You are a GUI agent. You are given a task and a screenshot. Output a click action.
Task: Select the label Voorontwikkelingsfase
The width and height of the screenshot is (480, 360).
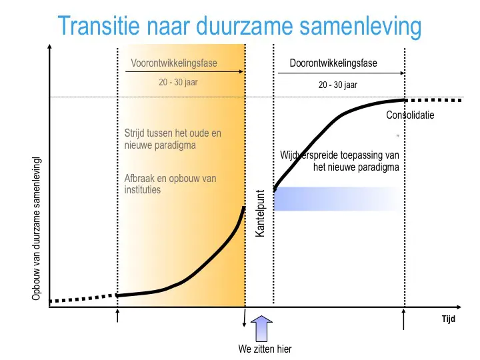pyautogui.click(x=174, y=63)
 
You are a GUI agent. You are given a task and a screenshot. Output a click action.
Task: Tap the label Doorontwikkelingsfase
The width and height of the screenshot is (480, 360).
pyautogui.click(x=333, y=63)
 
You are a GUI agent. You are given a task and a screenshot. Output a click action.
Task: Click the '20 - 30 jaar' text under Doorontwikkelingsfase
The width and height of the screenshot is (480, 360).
pyautogui.click(x=338, y=85)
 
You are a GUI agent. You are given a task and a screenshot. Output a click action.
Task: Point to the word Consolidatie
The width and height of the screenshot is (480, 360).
pyautogui.click(x=410, y=115)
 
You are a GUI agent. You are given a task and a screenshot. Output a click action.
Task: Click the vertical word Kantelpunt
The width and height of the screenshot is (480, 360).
pyautogui.click(x=261, y=214)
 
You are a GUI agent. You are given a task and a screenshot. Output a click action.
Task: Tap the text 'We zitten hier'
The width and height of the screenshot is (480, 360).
pyautogui.click(x=265, y=349)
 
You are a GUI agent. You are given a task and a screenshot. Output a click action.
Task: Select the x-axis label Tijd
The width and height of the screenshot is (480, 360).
pyautogui.click(x=448, y=319)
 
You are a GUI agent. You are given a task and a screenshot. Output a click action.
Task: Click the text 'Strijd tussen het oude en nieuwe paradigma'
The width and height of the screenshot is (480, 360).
pyautogui.click(x=173, y=139)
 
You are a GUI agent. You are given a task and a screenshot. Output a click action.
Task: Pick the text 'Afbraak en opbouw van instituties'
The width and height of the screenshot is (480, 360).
pyautogui.click(x=170, y=184)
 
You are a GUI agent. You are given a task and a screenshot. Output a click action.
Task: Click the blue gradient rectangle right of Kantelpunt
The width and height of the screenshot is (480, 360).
pyautogui.click(x=337, y=199)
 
